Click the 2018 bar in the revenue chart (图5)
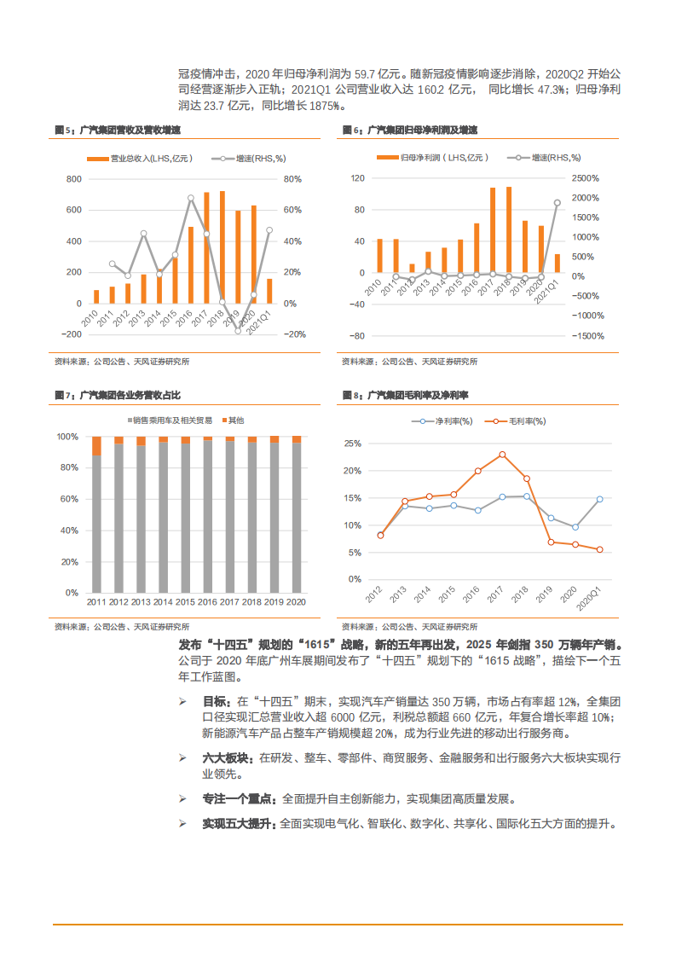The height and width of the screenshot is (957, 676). pos(222,247)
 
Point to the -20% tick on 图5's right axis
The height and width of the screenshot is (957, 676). pos(293,334)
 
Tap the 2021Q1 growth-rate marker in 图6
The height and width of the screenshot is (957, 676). pos(557,203)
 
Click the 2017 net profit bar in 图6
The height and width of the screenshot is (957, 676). pos(493,230)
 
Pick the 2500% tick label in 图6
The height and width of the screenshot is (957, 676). pos(586,178)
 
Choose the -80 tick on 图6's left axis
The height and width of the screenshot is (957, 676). pos(357,336)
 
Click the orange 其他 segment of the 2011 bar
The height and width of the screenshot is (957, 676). pos(96,445)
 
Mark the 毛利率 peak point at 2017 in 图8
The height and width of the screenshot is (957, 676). pos(502,455)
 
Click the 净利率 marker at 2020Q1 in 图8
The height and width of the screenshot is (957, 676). pos(599,499)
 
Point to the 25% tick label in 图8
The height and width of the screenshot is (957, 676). pos(351,444)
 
